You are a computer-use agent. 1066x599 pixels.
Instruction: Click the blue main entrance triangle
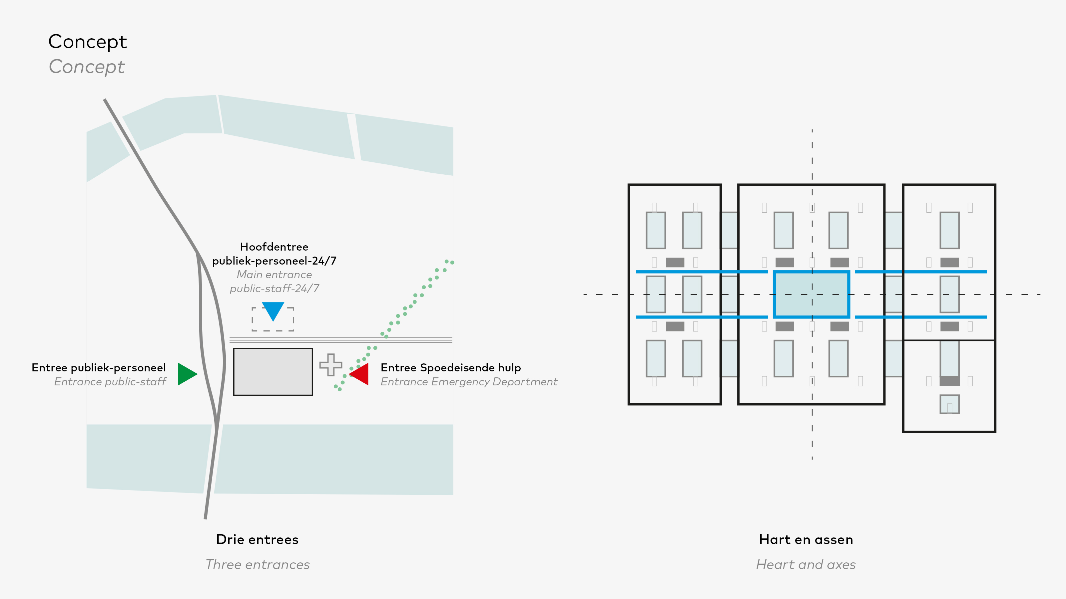(273, 310)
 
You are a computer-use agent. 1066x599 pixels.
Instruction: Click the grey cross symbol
(331, 365)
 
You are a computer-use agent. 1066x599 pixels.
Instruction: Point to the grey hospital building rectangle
(273, 372)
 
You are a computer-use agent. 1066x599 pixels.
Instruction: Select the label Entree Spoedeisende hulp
(450, 367)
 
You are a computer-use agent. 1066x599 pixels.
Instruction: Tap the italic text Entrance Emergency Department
(468, 382)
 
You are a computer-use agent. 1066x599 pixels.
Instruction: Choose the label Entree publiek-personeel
(99, 367)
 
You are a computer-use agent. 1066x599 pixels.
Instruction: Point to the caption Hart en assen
(806, 539)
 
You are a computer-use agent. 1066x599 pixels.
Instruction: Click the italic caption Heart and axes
(806, 564)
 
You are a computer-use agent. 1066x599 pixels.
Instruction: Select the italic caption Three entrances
(258, 564)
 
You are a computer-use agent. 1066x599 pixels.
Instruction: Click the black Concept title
(87, 42)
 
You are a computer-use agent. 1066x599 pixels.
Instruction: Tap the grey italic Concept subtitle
(87, 67)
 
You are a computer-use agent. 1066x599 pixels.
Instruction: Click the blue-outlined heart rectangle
(811, 294)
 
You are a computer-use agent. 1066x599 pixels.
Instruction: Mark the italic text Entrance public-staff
(110, 382)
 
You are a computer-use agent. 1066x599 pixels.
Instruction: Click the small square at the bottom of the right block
(949, 404)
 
